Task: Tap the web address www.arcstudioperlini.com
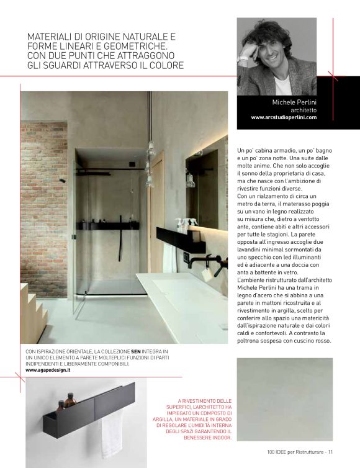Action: [284, 117]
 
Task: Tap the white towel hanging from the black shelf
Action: [112, 433]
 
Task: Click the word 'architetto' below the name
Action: [304, 110]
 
